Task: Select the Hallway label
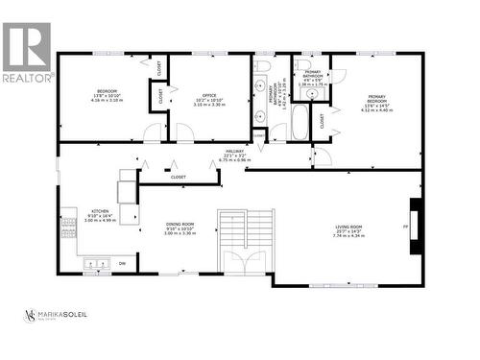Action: pyautogui.click(x=233, y=153)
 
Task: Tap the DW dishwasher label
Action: pyautogui.click(x=122, y=261)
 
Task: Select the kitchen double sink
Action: pyautogui.click(x=96, y=261)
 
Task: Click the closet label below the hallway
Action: pyautogui.click(x=179, y=177)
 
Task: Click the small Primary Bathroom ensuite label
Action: pyautogui.click(x=313, y=79)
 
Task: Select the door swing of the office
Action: pyautogui.click(x=182, y=132)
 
